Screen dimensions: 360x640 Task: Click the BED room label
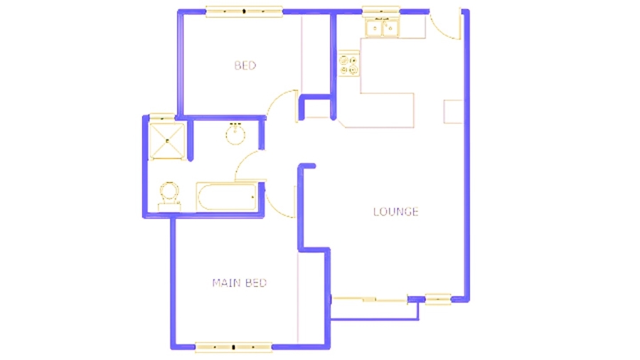245,66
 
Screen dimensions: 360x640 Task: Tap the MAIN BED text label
239,283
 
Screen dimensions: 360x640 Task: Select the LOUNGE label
395,211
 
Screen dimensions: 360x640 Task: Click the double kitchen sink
383,28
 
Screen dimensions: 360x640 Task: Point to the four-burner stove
349,65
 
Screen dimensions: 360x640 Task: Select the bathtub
226,197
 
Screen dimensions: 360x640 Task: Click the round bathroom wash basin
235,134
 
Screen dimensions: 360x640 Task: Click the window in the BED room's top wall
244,11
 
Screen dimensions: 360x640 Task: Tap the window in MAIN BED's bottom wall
234,347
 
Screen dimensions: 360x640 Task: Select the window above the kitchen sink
382,11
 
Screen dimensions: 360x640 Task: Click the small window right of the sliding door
438,300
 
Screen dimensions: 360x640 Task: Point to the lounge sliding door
370,300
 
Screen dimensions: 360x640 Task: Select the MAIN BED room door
284,201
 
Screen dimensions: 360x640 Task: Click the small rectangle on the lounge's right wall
453,112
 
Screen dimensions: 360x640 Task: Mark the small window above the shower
162,116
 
